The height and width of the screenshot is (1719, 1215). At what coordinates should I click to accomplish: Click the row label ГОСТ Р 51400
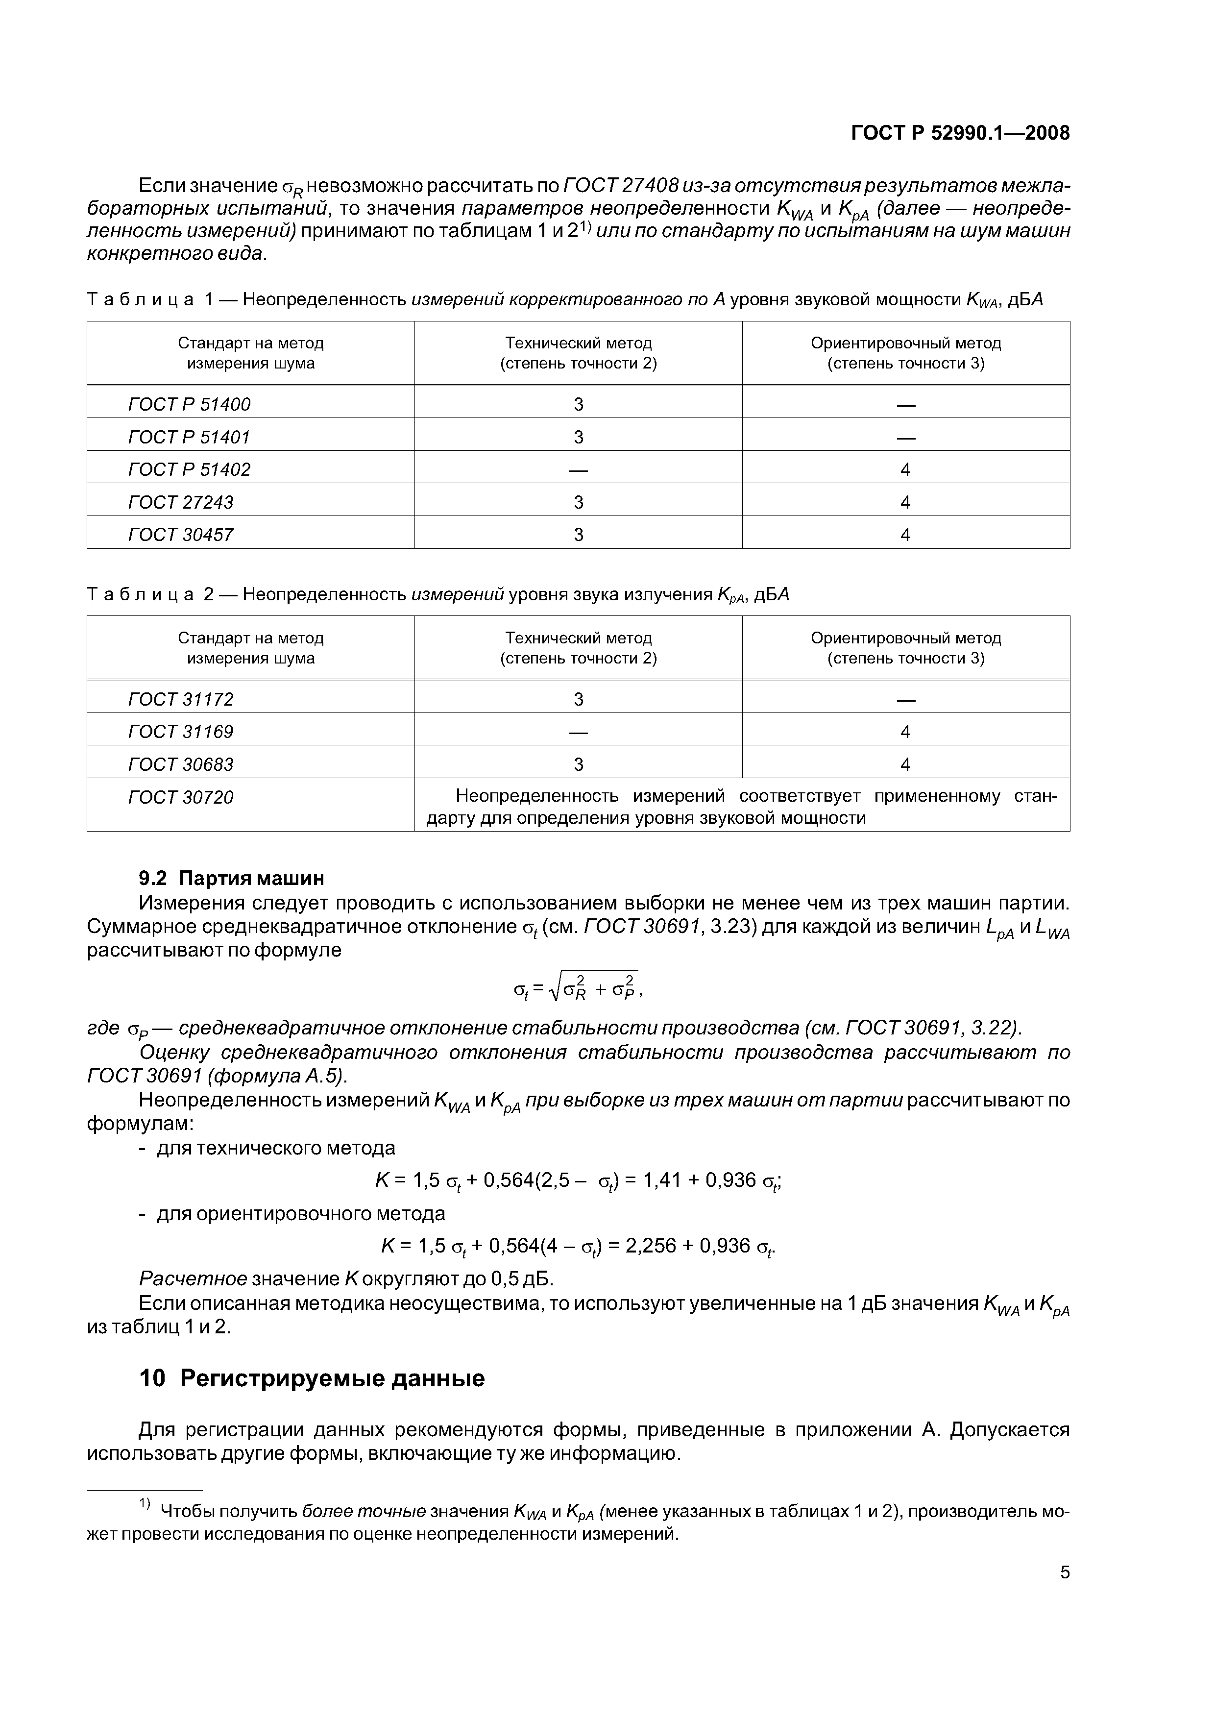click(190, 404)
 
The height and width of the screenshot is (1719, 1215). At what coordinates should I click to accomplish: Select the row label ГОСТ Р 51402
click(190, 469)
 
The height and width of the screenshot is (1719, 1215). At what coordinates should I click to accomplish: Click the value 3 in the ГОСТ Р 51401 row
click(578, 437)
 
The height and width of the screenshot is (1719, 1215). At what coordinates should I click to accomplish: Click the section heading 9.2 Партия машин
click(232, 878)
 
